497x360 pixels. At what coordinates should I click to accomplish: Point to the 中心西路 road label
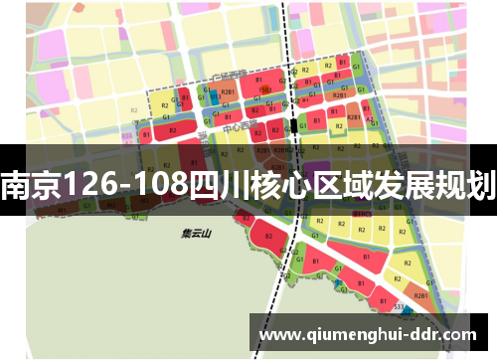click(x=236, y=127)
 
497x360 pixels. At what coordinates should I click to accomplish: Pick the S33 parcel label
click(x=398, y=309)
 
